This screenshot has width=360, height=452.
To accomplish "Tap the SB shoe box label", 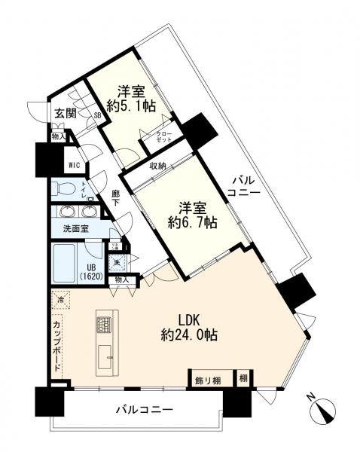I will [97, 115].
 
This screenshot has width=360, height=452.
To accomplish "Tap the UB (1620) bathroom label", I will [90, 270].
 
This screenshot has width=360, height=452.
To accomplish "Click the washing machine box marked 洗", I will [117, 263].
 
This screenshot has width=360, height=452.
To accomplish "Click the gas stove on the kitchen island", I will [104, 325].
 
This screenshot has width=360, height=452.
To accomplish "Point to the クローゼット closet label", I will [163, 138].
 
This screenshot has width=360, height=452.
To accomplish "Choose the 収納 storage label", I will [157, 166].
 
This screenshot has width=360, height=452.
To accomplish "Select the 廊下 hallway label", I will [116, 197].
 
